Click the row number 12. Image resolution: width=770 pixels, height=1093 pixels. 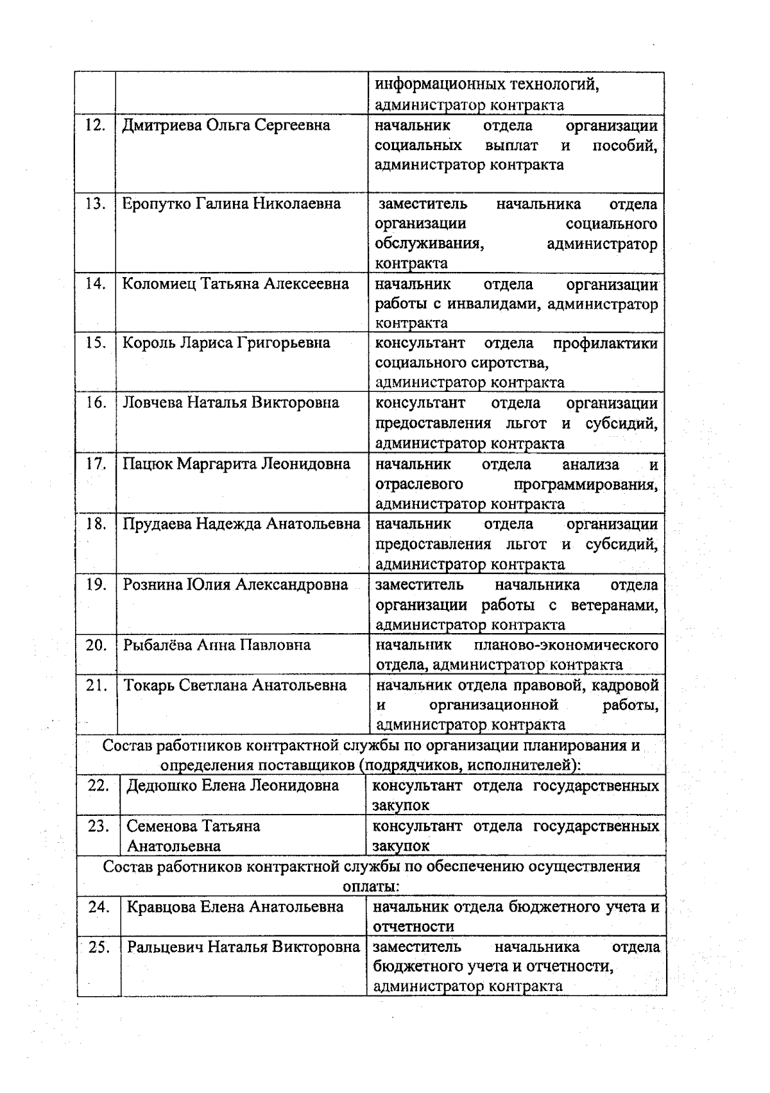95,125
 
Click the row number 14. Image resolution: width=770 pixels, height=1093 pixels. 95,284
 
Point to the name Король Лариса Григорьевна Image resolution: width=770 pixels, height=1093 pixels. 227,343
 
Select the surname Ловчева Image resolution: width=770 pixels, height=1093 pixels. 152,403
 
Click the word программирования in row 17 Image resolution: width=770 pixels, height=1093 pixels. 585,484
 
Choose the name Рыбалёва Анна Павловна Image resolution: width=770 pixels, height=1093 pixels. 217,645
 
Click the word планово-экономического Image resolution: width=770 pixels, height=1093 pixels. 566,645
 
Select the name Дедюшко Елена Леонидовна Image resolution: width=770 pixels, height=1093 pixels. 232,785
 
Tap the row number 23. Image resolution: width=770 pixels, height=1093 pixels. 98,826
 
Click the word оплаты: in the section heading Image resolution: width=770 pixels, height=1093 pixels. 372,886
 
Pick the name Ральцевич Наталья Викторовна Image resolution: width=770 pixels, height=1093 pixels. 243,947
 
